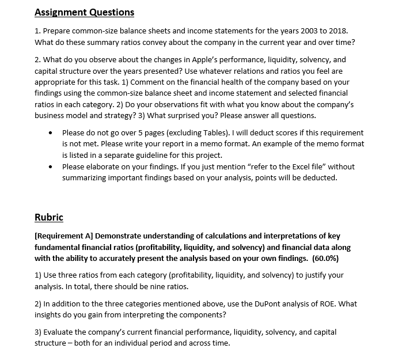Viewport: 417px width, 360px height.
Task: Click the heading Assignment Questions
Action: click(x=84, y=12)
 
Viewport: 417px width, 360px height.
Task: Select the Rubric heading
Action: click(x=49, y=217)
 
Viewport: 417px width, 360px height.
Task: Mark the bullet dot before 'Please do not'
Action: click(x=52, y=133)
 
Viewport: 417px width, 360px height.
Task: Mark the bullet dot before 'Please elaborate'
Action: click(x=52, y=167)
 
